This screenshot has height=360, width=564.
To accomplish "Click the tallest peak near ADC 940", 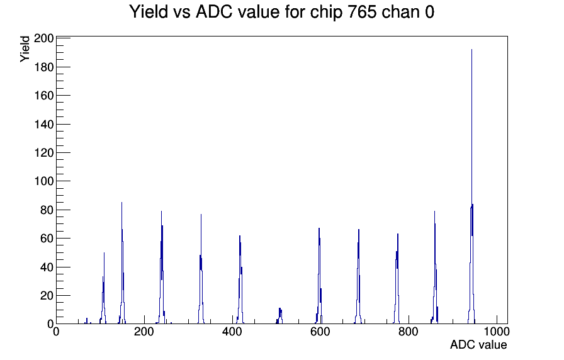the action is (471, 187).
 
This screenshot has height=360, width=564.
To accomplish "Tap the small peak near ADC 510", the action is (279, 317).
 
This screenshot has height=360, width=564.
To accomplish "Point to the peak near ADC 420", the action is (240, 281).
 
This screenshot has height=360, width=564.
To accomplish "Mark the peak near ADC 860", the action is (435, 268).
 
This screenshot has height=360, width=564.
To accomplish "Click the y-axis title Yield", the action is (25, 49).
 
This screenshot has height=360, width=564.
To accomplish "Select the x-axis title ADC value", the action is (478, 344).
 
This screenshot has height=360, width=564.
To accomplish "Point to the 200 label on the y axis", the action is (44, 38).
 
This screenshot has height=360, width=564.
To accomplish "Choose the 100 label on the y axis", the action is (44, 181).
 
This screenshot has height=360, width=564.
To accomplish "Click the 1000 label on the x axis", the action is (497, 331).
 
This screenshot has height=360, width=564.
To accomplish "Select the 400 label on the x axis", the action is (232, 331).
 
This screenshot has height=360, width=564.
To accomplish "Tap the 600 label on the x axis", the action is (320, 331).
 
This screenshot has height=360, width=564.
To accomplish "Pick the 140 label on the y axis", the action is (44, 124).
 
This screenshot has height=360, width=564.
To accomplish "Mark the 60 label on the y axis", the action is (47, 238).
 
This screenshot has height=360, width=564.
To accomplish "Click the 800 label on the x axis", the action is (409, 331).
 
